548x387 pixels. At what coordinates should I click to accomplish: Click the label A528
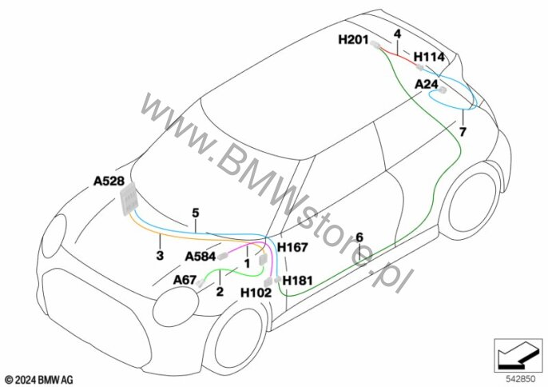(x=109, y=182)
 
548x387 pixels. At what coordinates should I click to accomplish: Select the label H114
(x=430, y=58)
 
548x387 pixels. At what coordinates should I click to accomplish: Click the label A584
(x=200, y=257)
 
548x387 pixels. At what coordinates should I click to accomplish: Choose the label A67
(x=185, y=280)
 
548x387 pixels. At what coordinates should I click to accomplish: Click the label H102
(x=256, y=293)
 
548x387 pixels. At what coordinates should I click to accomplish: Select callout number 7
(x=462, y=131)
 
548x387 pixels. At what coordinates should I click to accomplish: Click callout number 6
(x=359, y=237)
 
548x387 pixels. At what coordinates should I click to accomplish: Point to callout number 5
(x=194, y=213)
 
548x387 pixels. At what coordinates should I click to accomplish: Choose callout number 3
(x=160, y=255)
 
